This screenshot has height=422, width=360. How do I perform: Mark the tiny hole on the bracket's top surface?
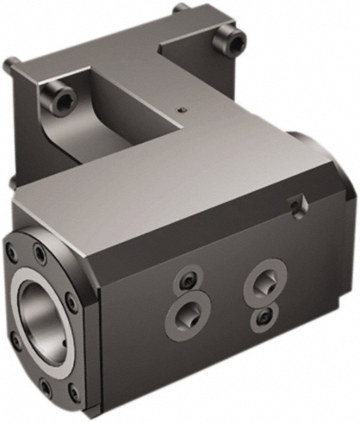pos(183,110)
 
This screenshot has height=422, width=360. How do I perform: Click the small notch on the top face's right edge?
pos(299,205)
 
